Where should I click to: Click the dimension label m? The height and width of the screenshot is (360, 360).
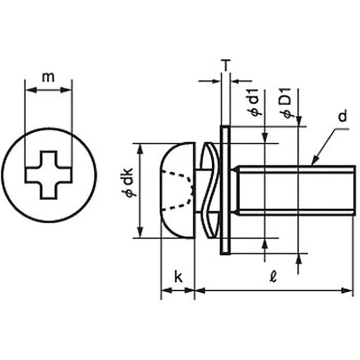coord(49,77)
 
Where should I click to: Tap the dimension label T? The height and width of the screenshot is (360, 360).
coord(226,66)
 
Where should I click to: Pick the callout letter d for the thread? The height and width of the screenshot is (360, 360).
coord(343,118)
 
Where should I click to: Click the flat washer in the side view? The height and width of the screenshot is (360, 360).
coord(225,190)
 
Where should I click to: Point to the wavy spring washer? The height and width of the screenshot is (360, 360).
coord(209,190)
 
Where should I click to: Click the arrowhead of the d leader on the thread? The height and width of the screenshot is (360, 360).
coord(315,162)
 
